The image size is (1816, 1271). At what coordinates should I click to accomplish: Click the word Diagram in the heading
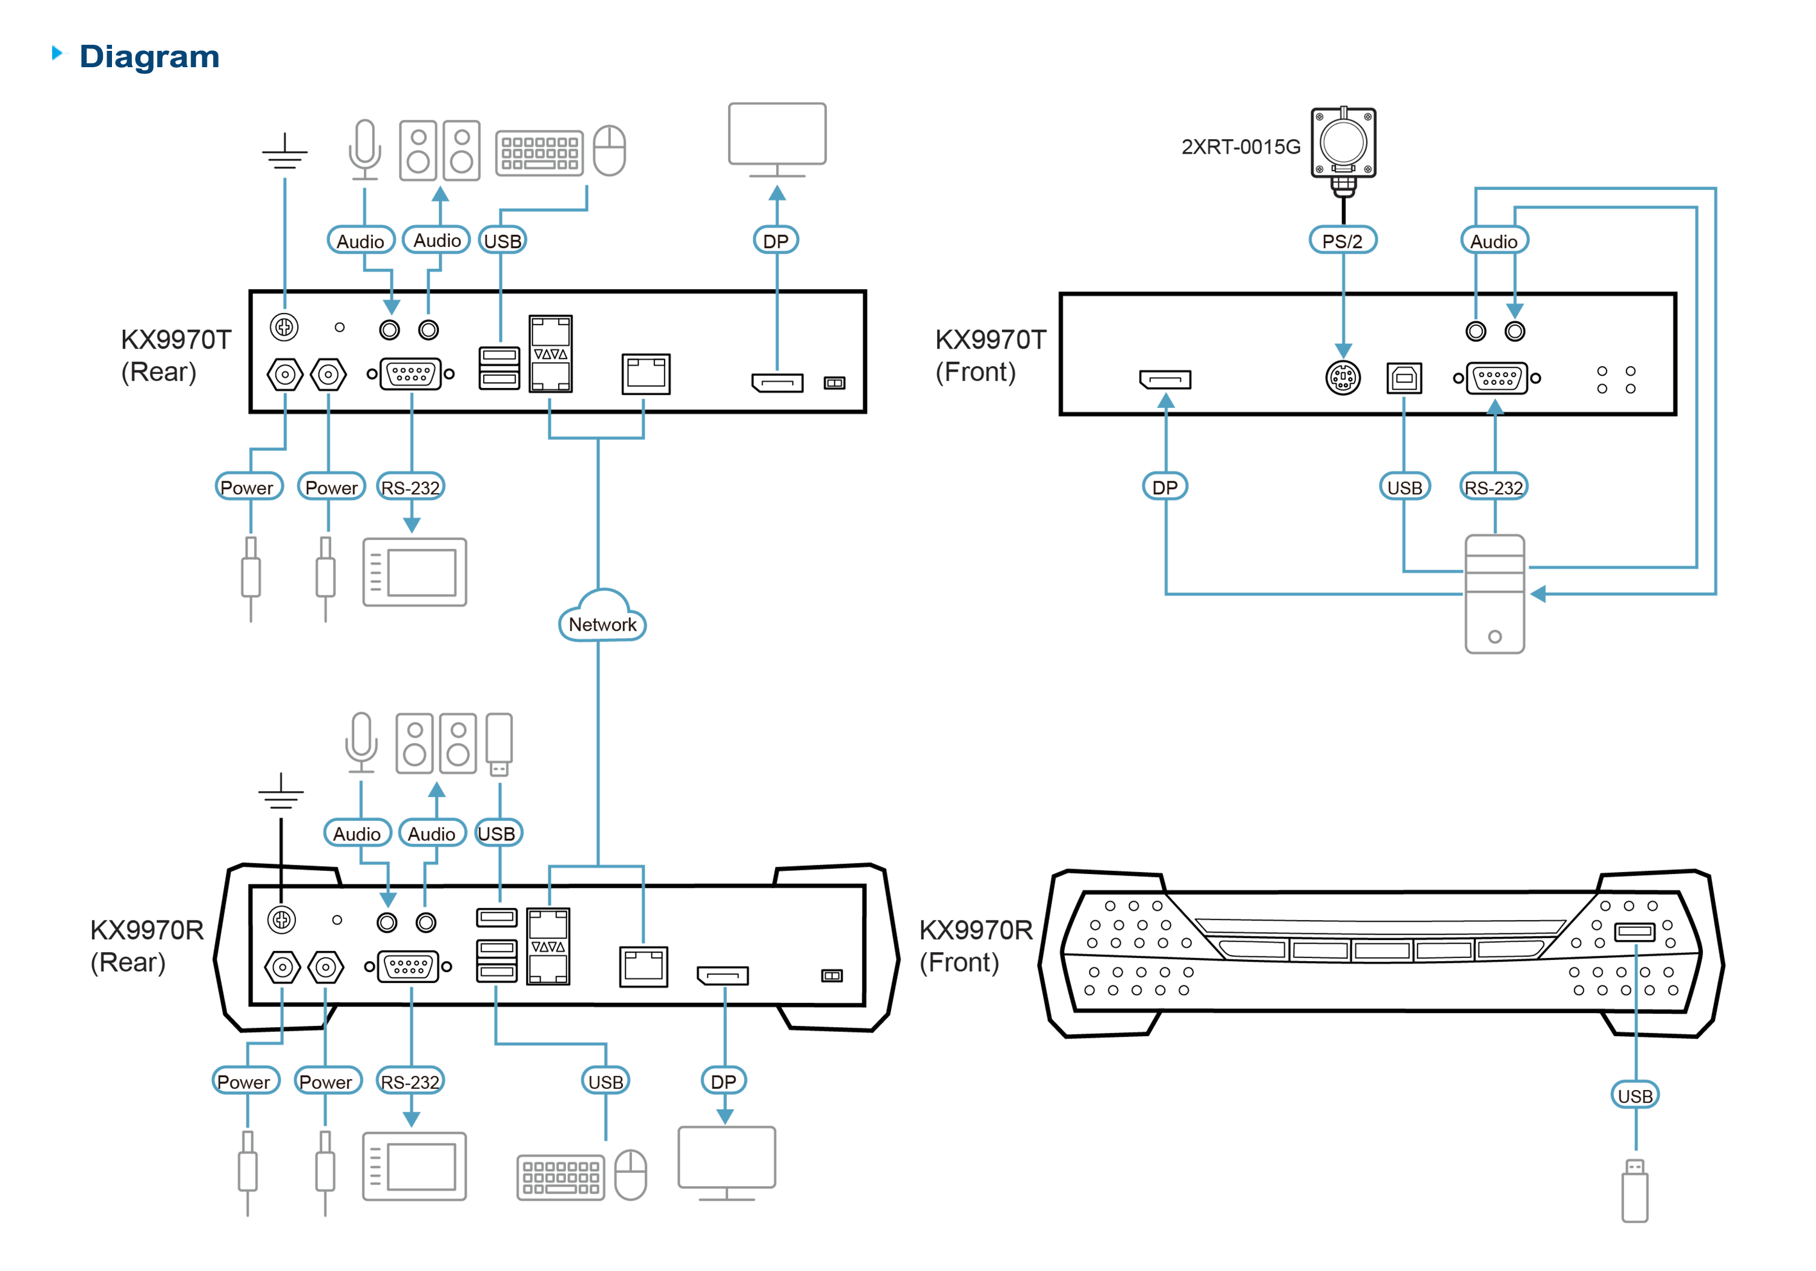pyautogui.click(x=150, y=57)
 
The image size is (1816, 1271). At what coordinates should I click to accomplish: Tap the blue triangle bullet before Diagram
pyautogui.click(x=59, y=53)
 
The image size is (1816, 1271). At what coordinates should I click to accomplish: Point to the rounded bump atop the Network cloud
pyautogui.click(x=604, y=600)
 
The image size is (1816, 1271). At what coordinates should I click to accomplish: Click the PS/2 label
pyautogui.click(x=1342, y=241)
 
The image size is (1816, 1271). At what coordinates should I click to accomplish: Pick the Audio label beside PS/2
pyautogui.click(x=1493, y=241)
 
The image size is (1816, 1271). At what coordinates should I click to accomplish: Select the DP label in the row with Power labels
pyautogui.click(x=723, y=1081)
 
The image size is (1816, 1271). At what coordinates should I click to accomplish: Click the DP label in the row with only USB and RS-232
pyautogui.click(x=1164, y=487)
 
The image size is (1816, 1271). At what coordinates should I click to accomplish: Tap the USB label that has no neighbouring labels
pyautogui.click(x=1635, y=1095)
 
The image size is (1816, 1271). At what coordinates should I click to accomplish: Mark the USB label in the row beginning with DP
pyautogui.click(x=1404, y=488)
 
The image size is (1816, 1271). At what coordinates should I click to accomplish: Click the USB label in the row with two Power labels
pyautogui.click(x=606, y=1081)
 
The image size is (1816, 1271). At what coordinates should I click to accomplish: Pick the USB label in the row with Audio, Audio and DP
pyautogui.click(x=502, y=241)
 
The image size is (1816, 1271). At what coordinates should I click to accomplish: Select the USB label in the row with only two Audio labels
pyautogui.click(x=497, y=833)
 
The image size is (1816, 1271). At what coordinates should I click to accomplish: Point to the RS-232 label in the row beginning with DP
pyautogui.click(x=1493, y=488)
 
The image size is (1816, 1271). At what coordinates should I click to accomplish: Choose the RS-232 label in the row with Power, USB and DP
pyautogui.click(x=410, y=1081)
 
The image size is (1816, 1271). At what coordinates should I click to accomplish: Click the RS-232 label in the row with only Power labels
pyautogui.click(x=410, y=488)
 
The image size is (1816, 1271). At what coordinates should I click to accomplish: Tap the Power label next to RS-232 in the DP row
pyautogui.click(x=325, y=1081)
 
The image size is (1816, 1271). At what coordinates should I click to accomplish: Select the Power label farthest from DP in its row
pyautogui.click(x=243, y=1081)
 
